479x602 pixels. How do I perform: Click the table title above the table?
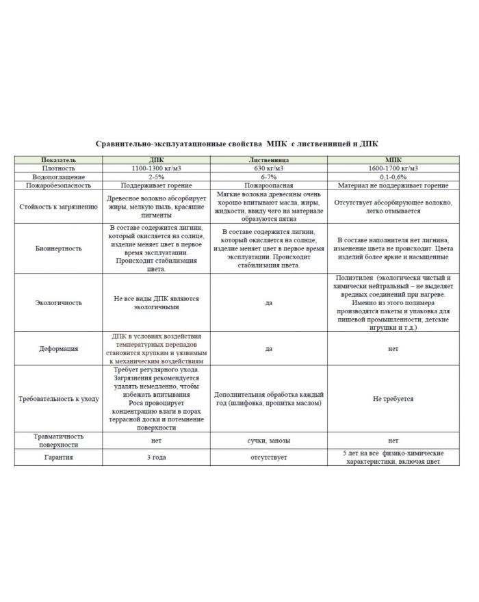pos(240,144)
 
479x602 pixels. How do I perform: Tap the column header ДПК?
pos(156,159)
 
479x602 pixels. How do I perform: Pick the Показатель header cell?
pos(59,159)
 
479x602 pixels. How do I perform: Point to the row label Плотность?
pos(59,168)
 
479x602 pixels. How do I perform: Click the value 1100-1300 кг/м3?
pos(156,168)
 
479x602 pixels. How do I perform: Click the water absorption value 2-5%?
pos(156,176)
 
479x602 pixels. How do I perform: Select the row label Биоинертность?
pos(59,248)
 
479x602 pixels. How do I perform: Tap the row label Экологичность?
pos(59,302)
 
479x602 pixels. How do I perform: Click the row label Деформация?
pos(59,348)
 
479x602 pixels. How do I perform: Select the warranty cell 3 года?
pos(156,457)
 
